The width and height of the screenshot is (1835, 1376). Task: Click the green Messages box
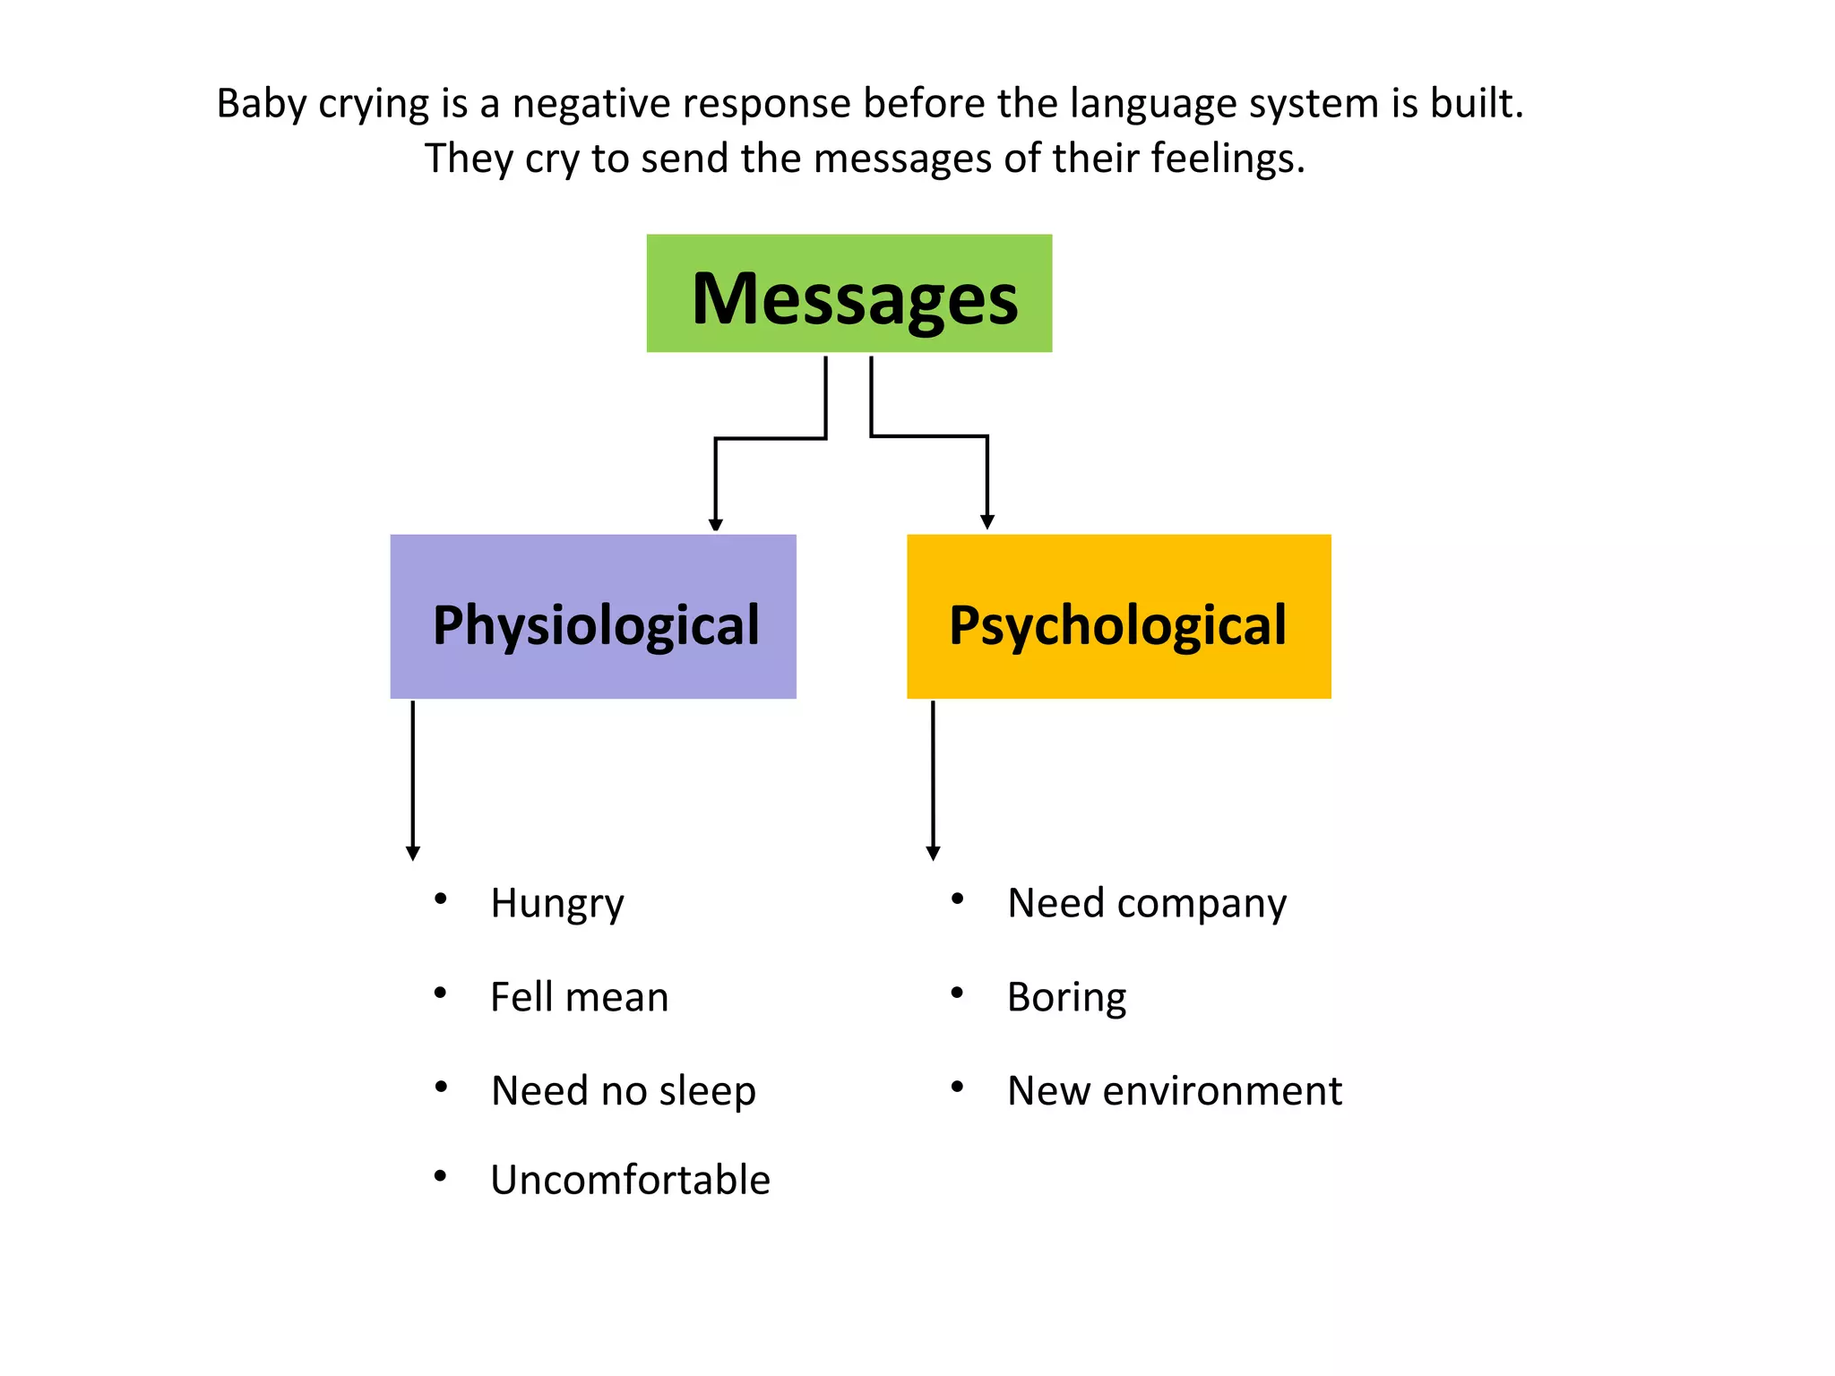tap(849, 293)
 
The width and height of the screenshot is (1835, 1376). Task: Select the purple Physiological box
tap(592, 616)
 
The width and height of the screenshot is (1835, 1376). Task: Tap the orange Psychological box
tap(1118, 616)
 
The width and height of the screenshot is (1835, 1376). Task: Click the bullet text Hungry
tap(556, 903)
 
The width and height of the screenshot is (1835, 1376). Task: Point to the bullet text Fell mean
tap(579, 997)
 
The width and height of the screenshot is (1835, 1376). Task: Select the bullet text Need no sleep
tap(623, 1091)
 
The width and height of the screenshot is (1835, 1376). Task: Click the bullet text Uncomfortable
tap(630, 1180)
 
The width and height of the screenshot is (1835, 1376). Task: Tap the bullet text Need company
tap(1146, 903)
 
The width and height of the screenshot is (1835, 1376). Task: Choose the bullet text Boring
tap(1066, 997)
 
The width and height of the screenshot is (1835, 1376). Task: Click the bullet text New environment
tap(1174, 1091)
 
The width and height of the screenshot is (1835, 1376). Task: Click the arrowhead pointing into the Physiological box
tap(715, 524)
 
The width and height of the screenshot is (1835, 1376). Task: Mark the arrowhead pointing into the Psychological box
tap(987, 522)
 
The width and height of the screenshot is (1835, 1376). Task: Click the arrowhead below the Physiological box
tap(412, 853)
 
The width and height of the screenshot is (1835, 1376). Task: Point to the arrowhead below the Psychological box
tap(933, 853)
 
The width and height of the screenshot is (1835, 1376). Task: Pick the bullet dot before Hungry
tap(440, 899)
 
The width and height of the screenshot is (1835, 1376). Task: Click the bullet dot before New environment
tap(957, 1087)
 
